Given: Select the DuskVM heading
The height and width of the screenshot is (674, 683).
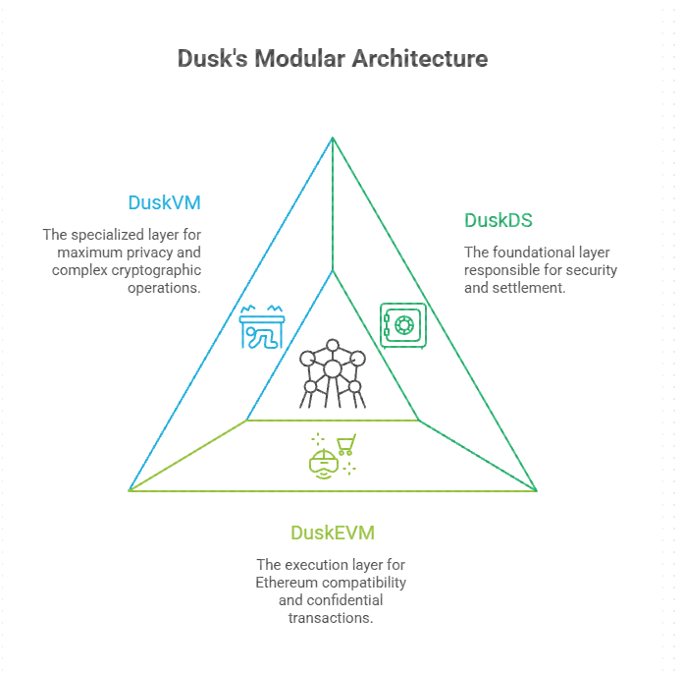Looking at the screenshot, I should click(165, 203).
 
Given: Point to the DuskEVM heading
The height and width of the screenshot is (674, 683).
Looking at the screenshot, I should click(332, 534).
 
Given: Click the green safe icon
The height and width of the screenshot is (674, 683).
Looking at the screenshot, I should click(402, 324).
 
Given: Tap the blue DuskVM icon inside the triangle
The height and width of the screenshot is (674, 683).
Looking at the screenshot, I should click(262, 327).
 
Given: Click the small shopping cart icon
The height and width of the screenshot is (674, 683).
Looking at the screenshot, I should click(345, 445).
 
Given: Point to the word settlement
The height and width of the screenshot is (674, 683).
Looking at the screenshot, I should click(535, 288).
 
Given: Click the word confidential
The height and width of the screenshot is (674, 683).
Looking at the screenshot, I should click(343, 600).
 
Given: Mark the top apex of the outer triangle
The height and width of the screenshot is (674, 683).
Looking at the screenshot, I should click(333, 137).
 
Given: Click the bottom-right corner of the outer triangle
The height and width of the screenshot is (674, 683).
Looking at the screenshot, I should click(537, 489).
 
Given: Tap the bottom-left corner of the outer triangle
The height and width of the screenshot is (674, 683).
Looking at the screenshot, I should click(130, 489).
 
